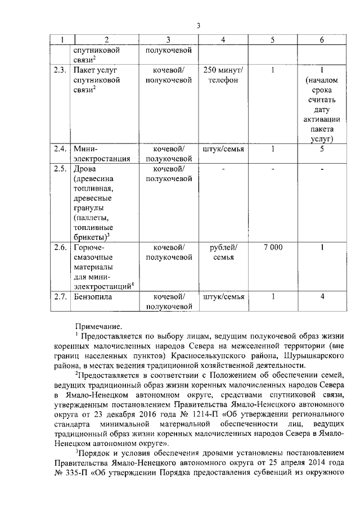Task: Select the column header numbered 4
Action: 224,40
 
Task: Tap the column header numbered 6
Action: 321,40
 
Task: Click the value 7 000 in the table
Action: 272,247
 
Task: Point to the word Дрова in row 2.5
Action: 84,169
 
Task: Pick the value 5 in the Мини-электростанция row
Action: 321,149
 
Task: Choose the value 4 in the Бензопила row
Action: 321,296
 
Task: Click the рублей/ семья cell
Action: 224,252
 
